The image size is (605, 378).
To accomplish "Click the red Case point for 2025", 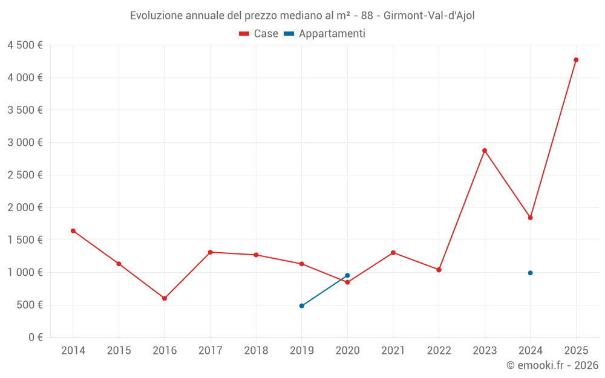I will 576,60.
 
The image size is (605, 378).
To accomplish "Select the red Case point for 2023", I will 485,151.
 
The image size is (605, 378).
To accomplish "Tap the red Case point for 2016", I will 165,298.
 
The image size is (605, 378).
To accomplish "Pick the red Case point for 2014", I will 73,231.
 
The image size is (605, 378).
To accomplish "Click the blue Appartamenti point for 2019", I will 301,306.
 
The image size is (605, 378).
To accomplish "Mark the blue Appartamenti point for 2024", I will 530,273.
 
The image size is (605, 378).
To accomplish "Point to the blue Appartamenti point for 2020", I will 347,275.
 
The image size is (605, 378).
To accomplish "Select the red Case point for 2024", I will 530,218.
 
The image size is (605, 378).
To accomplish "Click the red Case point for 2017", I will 210,252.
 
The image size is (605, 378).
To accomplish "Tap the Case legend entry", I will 259,34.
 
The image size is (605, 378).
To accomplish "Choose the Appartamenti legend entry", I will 325,34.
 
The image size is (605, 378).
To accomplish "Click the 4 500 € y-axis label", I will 25,45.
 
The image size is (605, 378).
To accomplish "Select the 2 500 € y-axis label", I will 25,175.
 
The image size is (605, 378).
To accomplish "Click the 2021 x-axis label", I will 393,351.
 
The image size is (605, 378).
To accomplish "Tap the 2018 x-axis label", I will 256,351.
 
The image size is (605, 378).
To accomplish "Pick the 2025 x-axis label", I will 576,351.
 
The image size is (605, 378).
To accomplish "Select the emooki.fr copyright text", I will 552,365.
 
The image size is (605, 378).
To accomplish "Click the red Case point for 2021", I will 393,253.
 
